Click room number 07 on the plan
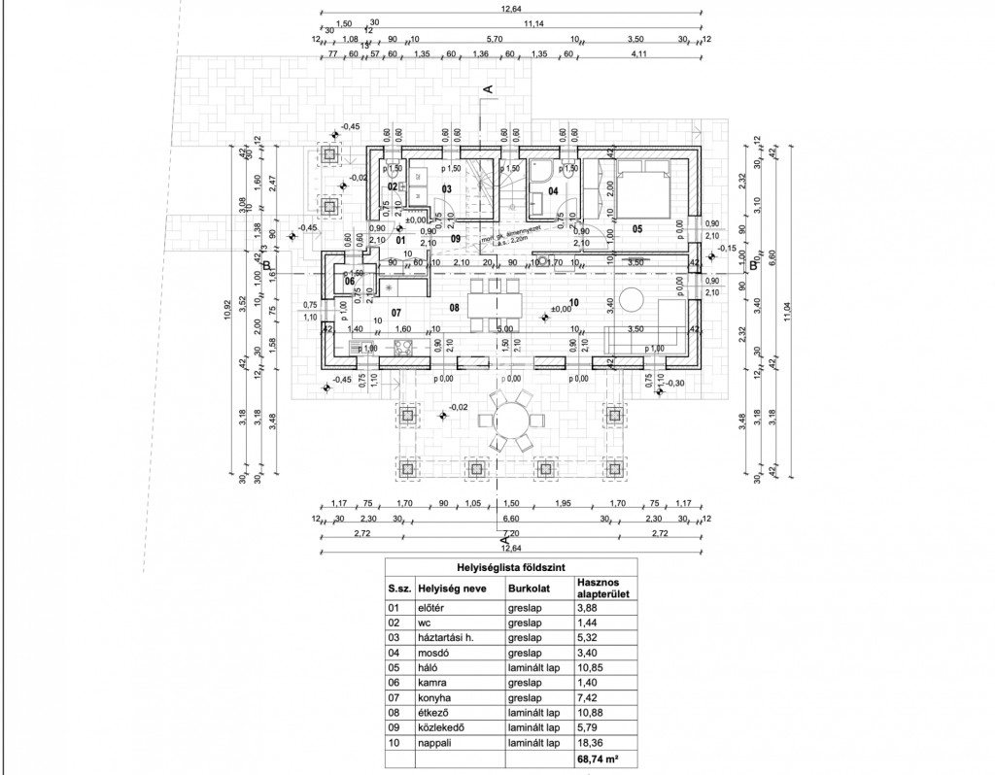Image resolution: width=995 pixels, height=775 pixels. pos(395,313)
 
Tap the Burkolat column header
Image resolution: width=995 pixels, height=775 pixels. pos(528,588)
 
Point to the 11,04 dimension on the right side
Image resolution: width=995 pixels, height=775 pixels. pos(787,309)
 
